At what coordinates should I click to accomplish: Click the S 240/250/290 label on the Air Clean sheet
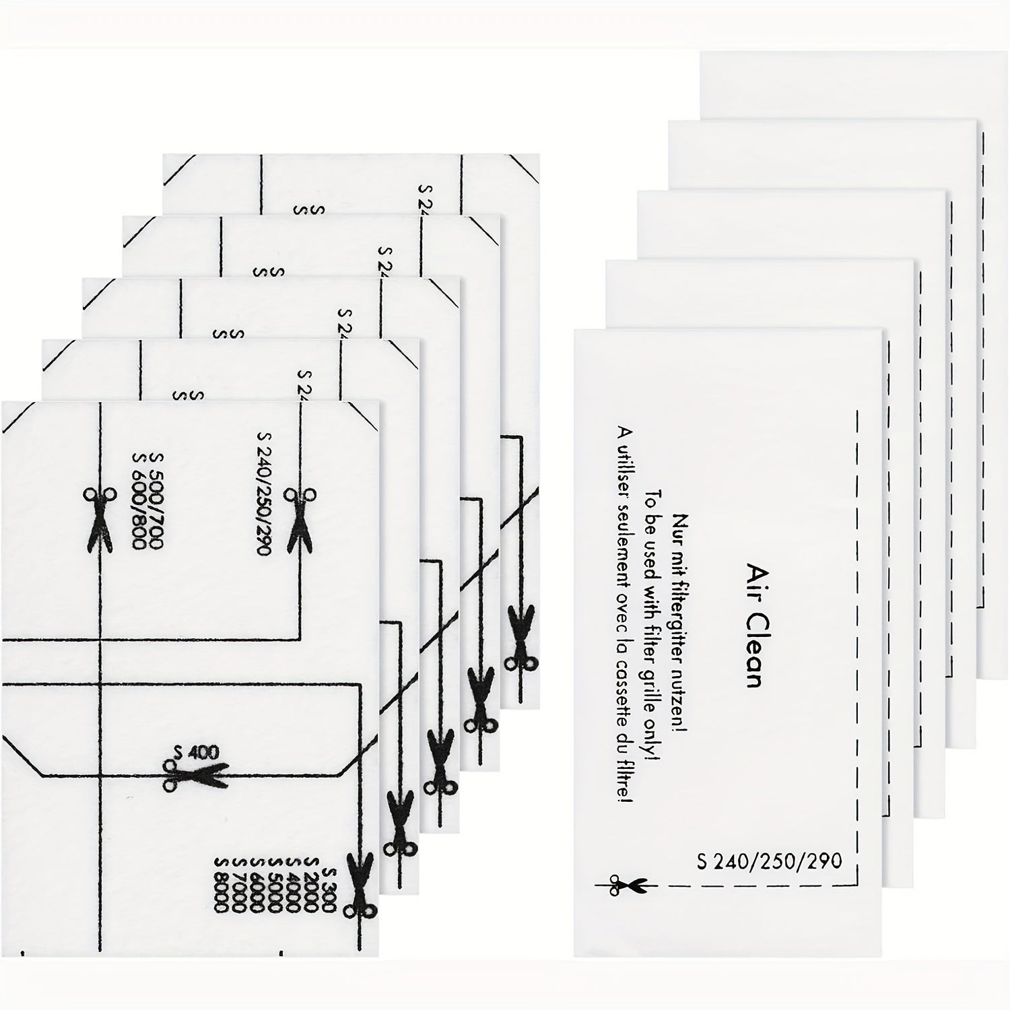(x=769, y=861)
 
